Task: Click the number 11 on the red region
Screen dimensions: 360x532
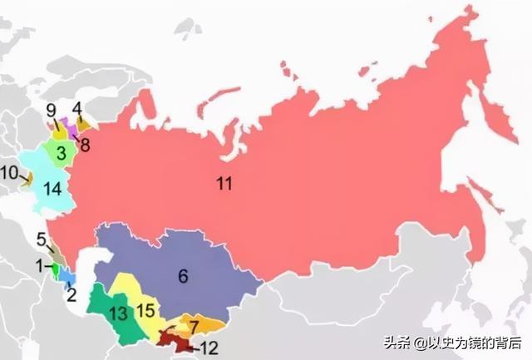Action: click(x=224, y=184)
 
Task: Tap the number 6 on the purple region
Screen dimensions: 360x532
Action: click(x=183, y=277)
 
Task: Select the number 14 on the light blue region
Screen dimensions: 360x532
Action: click(x=52, y=190)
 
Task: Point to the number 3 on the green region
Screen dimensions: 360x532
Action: click(x=62, y=153)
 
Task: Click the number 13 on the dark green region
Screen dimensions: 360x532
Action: click(x=118, y=313)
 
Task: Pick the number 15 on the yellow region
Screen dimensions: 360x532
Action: click(x=145, y=311)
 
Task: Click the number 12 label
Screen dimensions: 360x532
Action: click(x=209, y=348)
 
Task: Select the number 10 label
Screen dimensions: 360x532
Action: click(x=9, y=173)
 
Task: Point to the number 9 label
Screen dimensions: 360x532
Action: click(x=51, y=111)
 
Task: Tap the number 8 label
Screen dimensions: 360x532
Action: click(x=85, y=142)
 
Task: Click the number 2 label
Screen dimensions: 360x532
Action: click(x=71, y=293)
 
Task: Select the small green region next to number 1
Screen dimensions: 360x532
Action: click(x=55, y=269)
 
